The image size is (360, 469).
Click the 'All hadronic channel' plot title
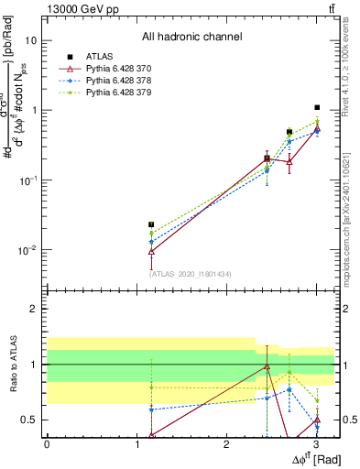(191, 37)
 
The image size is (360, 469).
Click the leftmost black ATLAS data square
(151, 224)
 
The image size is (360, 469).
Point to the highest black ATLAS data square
(317, 108)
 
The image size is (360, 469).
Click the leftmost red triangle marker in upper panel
(151, 250)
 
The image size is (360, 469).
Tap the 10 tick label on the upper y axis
(31, 41)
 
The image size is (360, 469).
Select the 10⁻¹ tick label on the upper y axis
(27, 180)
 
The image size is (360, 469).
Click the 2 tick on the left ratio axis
(34, 310)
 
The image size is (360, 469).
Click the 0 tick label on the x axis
(47, 444)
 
